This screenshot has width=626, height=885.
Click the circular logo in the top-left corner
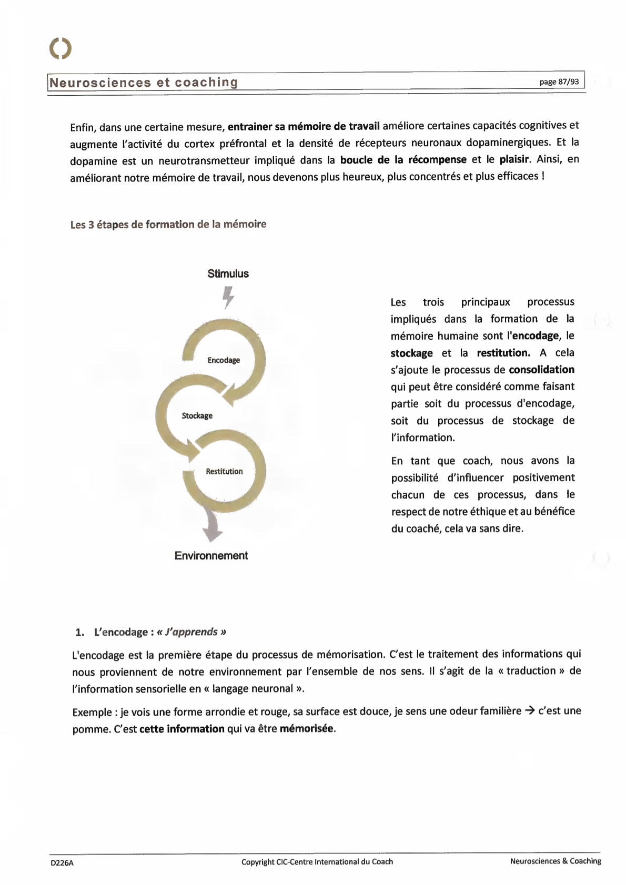tap(60, 48)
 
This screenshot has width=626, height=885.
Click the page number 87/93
tap(559, 82)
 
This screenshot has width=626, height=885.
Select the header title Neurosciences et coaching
tap(144, 83)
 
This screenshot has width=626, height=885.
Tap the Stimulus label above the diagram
tap(228, 273)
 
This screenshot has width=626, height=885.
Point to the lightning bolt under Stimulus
tap(228, 297)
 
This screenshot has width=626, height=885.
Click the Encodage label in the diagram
tap(224, 360)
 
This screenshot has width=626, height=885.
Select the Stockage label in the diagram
tap(197, 415)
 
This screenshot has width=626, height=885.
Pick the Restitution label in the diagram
tap(224, 471)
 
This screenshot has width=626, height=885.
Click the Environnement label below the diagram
tap(211, 556)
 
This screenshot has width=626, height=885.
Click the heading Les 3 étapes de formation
tap(168, 225)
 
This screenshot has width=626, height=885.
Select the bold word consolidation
tap(541, 369)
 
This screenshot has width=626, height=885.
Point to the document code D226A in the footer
tap(62, 862)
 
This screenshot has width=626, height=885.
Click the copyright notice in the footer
tap(317, 862)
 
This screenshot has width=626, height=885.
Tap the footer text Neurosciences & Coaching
tap(556, 861)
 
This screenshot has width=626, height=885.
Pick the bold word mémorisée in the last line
tap(307, 729)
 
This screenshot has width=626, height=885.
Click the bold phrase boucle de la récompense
tap(403, 159)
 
